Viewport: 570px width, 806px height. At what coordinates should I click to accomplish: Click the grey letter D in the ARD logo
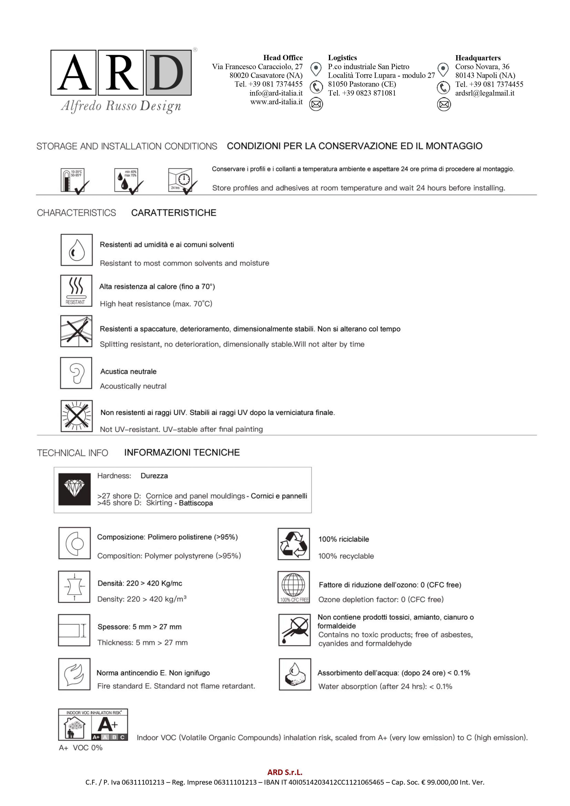point(169,73)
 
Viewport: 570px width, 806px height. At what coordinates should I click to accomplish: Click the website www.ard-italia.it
point(276,102)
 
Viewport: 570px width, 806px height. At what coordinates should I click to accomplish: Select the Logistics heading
point(342,58)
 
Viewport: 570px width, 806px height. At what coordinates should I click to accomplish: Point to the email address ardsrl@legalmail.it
point(485,93)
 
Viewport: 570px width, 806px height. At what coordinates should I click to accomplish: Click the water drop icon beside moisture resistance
point(77,250)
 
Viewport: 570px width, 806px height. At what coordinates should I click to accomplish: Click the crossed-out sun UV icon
point(77,416)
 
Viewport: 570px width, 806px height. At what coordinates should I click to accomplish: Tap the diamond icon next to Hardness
point(74,489)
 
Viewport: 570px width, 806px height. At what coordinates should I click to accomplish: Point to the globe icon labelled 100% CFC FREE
point(294,587)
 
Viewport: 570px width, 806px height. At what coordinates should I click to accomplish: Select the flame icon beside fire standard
point(74,674)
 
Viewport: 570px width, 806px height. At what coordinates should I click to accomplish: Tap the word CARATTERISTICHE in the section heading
point(173,213)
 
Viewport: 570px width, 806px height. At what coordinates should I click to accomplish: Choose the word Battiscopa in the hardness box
point(196,503)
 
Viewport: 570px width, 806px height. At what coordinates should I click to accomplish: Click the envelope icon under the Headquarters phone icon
point(444,104)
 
